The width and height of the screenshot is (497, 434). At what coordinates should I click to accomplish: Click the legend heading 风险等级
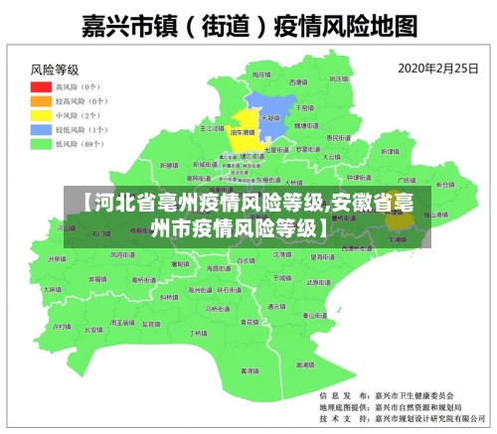pos(55,70)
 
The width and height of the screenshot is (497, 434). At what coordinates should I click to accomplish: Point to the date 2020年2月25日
pos(439,70)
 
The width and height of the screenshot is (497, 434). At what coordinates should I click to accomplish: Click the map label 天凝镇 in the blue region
pos(268,117)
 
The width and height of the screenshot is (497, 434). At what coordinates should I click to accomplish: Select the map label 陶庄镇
pos(260,75)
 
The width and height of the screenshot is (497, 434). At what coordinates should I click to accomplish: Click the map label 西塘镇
pos(298,81)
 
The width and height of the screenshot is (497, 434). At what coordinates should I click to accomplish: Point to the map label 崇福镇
pos(97,279)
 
